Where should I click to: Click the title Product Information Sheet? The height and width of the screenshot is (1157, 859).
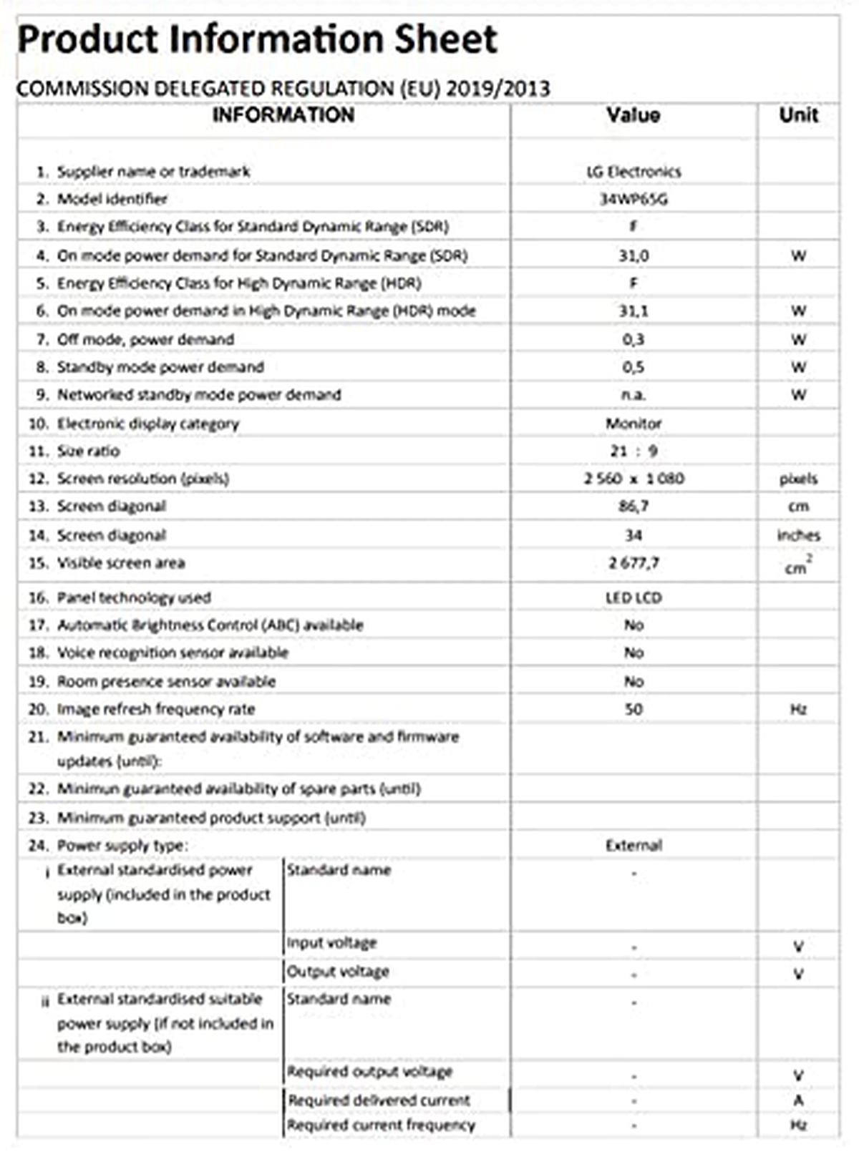256,40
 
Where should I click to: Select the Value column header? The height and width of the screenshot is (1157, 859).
633,115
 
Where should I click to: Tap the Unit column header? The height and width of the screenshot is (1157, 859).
798,115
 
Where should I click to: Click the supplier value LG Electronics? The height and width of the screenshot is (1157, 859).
633,172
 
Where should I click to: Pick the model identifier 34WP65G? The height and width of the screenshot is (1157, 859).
633,200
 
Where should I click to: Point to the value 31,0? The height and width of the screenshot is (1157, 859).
633,255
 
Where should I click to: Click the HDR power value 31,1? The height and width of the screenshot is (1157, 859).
633,311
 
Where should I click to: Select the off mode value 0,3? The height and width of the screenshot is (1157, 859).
633,339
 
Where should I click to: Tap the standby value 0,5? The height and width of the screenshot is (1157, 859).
633,367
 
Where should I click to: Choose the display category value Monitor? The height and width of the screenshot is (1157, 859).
633,424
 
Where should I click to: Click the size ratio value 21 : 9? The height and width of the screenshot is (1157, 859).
633,451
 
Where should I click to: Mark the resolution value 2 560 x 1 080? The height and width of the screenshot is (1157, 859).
633,479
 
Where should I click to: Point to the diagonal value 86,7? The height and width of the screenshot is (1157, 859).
633,507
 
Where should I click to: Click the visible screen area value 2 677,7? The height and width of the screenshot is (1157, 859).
633,563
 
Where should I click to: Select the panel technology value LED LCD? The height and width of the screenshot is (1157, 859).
633,597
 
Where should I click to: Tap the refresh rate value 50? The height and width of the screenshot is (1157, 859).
633,709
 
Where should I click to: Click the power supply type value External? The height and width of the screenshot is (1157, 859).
633,846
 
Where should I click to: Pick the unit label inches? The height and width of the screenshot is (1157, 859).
798,535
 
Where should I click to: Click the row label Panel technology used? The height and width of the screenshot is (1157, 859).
134,597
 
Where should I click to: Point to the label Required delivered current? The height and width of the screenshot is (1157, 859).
379,1100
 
